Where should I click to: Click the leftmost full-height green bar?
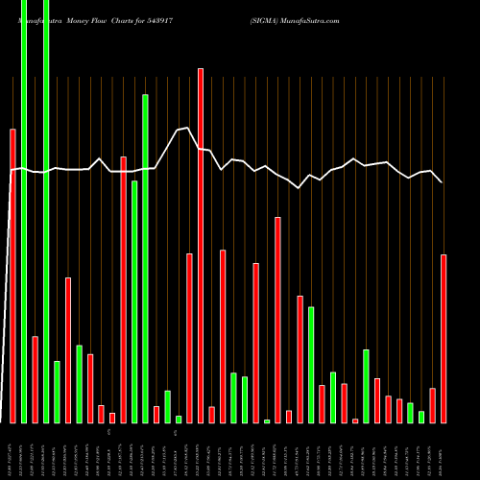24,211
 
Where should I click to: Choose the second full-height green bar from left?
46,211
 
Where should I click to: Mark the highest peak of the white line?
188,127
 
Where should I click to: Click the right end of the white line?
442,182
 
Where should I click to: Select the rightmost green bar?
421,417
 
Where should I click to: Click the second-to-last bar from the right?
433,405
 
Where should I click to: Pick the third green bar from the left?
57,392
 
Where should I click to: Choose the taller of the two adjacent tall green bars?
145,258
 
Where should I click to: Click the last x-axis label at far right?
443,449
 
